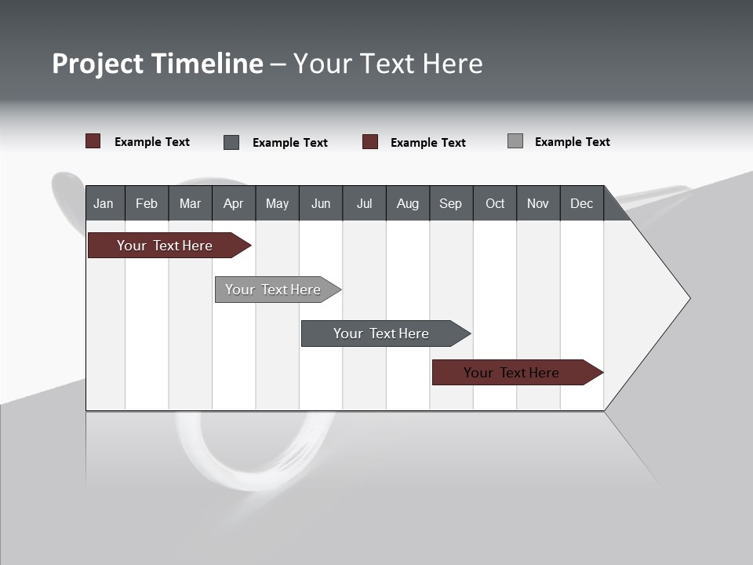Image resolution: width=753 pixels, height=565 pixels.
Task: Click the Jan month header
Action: (104, 203)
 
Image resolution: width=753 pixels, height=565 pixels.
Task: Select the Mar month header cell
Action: (190, 203)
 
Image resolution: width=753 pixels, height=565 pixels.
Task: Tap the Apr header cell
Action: (234, 203)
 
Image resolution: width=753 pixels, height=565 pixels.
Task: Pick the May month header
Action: (277, 203)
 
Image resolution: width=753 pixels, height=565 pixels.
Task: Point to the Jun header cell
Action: (321, 203)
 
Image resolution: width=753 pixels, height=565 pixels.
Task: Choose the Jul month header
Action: (364, 203)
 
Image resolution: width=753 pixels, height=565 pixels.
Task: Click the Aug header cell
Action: (408, 203)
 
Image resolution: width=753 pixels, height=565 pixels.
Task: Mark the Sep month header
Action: (451, 203)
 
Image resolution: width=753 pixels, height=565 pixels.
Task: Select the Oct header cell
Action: (495, 203)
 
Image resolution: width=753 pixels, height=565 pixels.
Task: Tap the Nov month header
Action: (538, 203)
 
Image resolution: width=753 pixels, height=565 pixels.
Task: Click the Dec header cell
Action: (582, 203)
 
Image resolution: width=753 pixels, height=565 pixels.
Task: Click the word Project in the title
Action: (97, 64)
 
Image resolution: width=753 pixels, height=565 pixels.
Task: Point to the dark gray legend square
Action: (231, 142)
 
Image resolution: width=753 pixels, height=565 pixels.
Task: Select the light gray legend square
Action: (515, 141)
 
